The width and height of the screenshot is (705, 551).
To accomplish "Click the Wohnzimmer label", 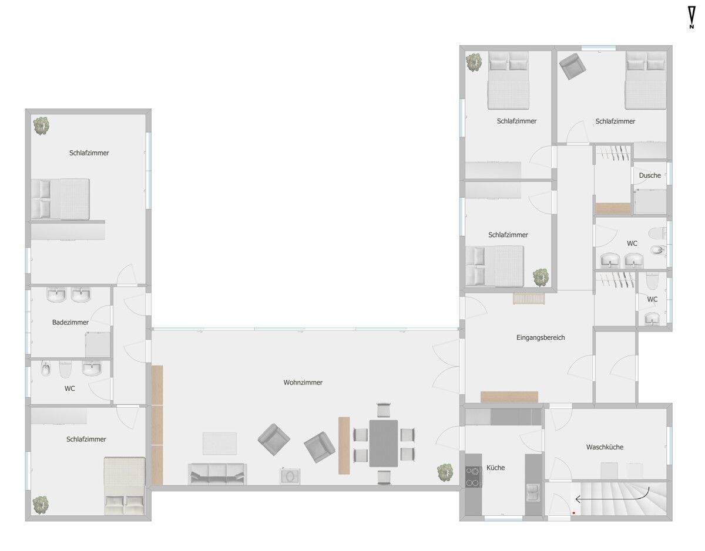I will tap(303, 383).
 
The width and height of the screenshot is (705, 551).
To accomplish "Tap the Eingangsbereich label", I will tap(540, 337).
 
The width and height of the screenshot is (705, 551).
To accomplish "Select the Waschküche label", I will tap(605, 447).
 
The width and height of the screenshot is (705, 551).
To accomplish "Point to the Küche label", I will tap(495, 468).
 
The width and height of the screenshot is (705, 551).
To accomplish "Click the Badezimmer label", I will tap(70, 322).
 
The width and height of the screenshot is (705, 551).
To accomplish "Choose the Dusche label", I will tap(650, 175).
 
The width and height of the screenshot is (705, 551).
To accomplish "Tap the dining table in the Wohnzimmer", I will tap(383, 443).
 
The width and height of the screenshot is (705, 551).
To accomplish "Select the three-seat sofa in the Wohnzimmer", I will tap(217, 473).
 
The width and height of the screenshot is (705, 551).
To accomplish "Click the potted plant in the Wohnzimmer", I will tap(445, 472).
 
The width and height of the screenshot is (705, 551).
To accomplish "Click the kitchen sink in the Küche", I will tap(533, 492).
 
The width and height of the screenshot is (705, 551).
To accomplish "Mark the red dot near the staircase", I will tap(573, 513).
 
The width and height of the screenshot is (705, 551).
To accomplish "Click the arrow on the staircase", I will tap(611, 498).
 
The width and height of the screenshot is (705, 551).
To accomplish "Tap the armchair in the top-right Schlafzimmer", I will tap(572, 66).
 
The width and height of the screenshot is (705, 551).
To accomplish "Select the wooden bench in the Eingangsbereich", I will tap(509, 397).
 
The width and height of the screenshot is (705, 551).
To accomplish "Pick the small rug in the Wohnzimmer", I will tap(220, 443).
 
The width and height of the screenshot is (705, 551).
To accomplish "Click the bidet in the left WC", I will tap(45, 370).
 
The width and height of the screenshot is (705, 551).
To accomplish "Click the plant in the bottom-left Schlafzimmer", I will tap(41, 503).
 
